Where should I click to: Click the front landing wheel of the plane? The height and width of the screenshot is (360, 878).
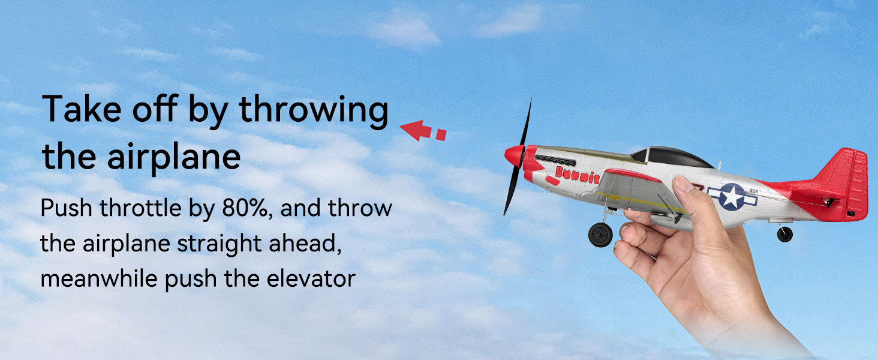pos(600,235)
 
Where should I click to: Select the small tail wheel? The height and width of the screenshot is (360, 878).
pos(784,234)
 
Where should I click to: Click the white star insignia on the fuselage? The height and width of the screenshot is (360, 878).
pos(732,197)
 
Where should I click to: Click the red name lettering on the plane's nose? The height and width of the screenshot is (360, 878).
pos(577,175)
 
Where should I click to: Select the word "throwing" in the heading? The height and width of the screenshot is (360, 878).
pos(314,110)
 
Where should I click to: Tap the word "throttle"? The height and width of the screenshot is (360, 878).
pos(140,208)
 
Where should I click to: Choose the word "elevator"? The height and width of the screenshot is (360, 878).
pos(311,279)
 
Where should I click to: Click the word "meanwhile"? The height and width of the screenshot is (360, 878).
pos(99,279)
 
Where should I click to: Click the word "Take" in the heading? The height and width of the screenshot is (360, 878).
pos(82,109)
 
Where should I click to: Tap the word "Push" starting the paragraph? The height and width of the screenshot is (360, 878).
pos(66,208)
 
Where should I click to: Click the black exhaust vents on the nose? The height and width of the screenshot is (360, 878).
pos(555,160)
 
